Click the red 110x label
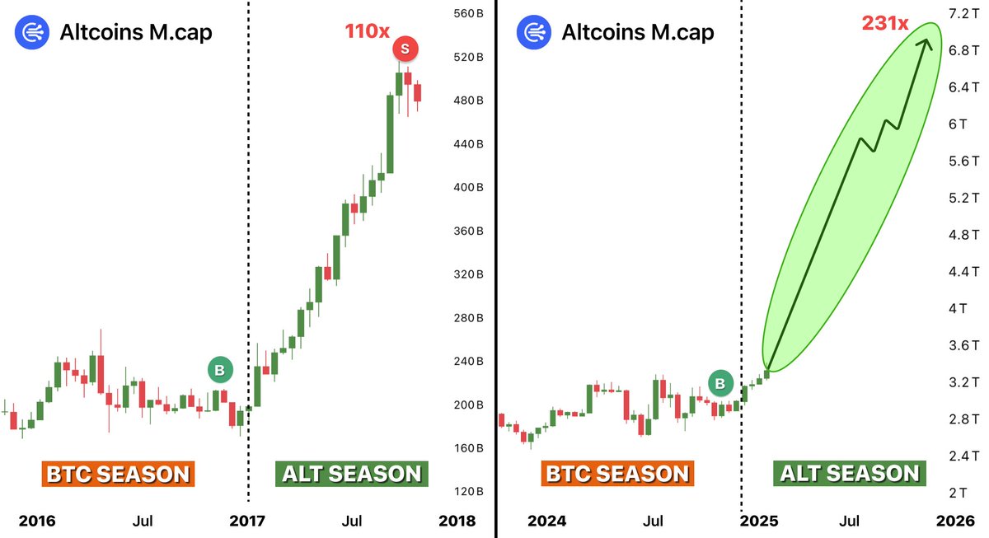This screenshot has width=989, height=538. click(x=367, y=32)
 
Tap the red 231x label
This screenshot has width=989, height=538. click(x=885, y=23)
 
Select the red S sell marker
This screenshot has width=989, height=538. click(x=404, y=49)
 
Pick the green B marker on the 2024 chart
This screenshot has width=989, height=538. click(x=720, y=383)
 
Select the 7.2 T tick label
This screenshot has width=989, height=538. click(x=963, y=14)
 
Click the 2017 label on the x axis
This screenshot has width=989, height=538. click(x=247, y=521)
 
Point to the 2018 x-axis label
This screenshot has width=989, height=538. click(x=457, y=521)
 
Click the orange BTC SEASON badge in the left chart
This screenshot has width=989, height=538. click(x=117, y=474)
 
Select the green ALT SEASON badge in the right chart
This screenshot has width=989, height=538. click(x=849, y=473)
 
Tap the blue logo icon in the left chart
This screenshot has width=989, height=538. click(x=30, y=32)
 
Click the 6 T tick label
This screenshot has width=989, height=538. click(x=957, y=124)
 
